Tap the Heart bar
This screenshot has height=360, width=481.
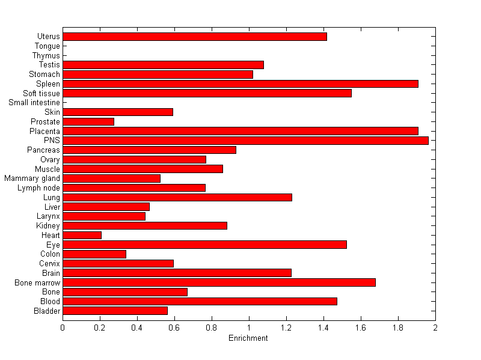point(82,235)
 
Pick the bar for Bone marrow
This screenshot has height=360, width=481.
point(219,282)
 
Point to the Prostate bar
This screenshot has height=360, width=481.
point(88,121)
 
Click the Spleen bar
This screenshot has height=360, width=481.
point(240,84)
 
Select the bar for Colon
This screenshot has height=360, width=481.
point(94,254)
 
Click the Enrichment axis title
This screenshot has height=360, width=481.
point(248,338)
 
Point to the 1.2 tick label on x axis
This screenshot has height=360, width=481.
point(286,328)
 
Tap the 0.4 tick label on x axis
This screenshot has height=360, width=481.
point(137,328)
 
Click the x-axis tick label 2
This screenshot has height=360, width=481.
point(435,328)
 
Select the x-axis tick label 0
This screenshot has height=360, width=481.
point(63,328)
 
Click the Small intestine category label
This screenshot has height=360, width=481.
point(34,103)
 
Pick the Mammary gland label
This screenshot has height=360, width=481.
point(32,178)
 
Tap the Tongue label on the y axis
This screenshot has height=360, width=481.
point(47,46)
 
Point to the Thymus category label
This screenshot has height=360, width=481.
point(46,55)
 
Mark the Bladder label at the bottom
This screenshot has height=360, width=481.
point(47,311)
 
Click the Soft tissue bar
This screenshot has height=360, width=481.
point(207,93)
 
